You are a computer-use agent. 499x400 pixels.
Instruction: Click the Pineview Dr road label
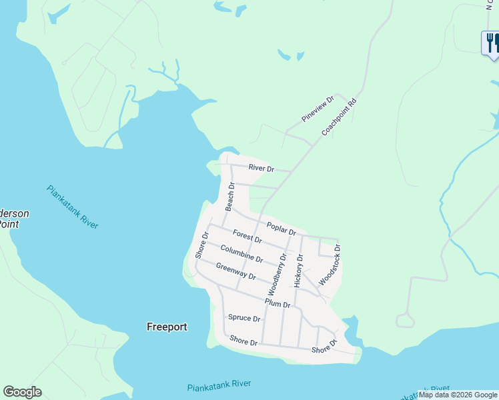pyautogui.click(x=317, y=108)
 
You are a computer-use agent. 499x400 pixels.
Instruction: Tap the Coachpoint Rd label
pyautogui.click(x=340, y=118)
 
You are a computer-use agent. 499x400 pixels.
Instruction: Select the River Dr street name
pyautogui.click(x=261, y=169)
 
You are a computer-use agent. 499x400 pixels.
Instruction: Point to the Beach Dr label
pyautogui.click(x=229, y=197)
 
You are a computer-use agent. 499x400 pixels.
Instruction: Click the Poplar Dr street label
pyautogui.click(x=281, y=228)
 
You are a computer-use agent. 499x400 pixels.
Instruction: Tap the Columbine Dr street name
pyautogui.click(x=241, y=254)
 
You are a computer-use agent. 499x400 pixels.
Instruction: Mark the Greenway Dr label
pyautogui.click(x=235, y=271)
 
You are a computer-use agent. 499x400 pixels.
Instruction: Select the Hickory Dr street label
pyautogui.click(x=298, y=270)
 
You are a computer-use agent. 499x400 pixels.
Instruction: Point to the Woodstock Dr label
pyautogui.click(x=330, y=265)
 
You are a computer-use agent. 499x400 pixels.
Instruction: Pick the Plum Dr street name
pyautogui.click(x=278, y=303)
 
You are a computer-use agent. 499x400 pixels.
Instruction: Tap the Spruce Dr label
pyautogui.click(x=243, y=318)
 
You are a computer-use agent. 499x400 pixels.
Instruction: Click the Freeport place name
pyautogui.click(x=167, y=327)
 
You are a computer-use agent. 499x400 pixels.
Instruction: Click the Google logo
pyautogui.click(x=22, y=392)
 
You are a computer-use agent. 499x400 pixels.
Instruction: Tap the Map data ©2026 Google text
pyautogui.click(x=458, y=395)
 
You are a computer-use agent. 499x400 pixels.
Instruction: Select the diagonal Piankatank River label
pyautogui.click(x=73, y=207)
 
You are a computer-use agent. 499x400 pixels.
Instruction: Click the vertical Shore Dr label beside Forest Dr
pyautogui.click(x=201, y=245)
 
